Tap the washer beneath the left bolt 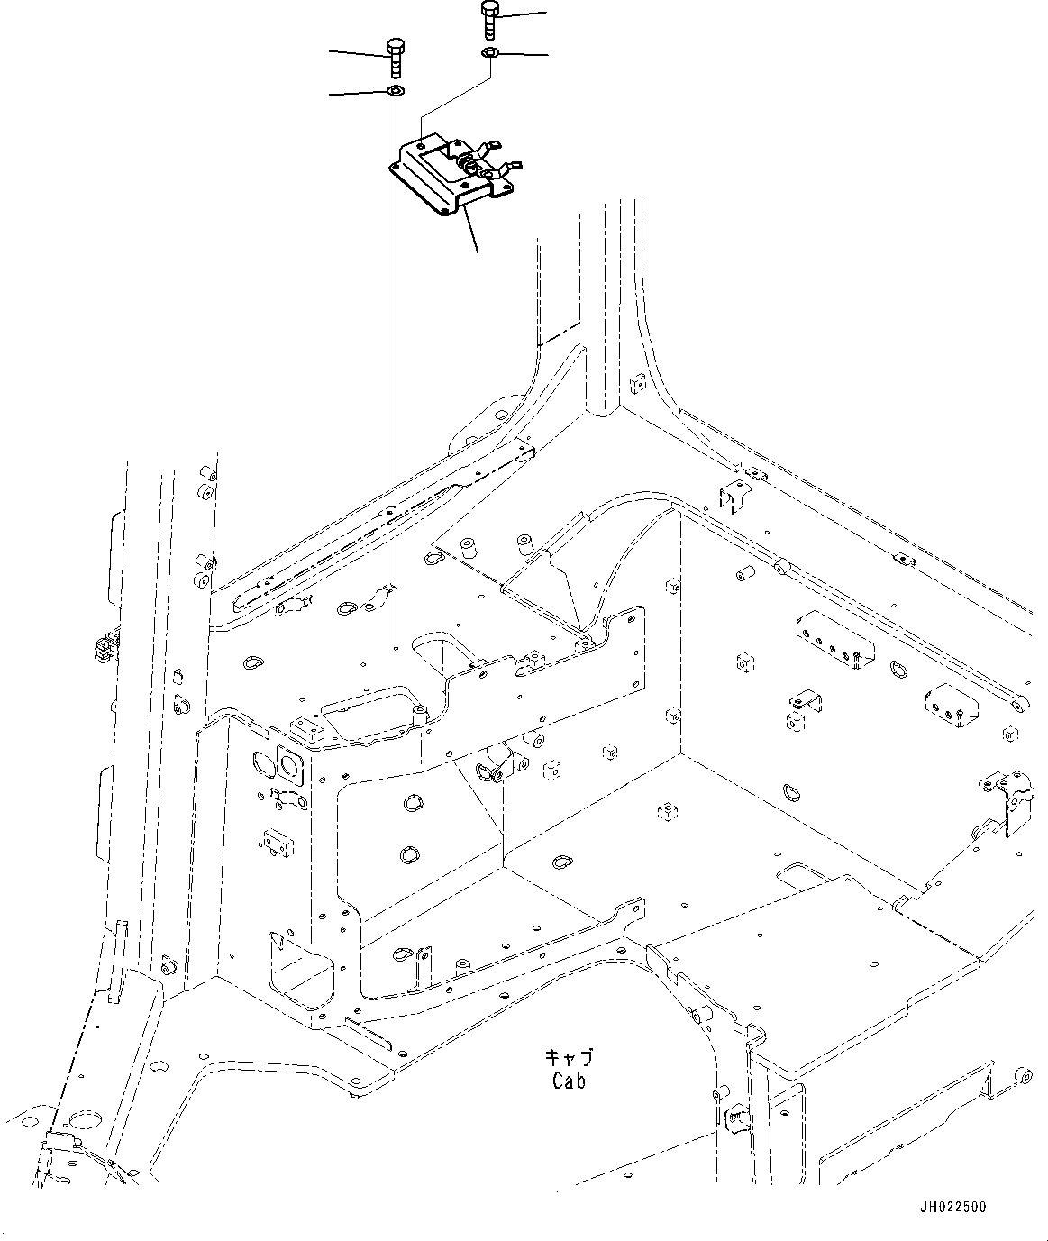395,92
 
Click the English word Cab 569,1081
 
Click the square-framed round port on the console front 291,764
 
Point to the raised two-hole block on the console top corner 306,728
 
